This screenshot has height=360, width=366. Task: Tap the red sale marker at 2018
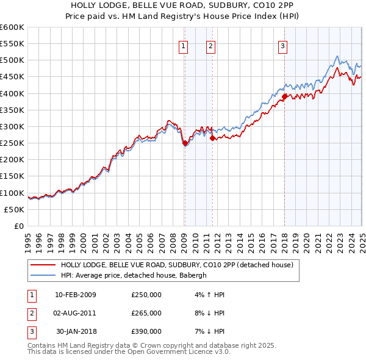pyautogui.click(x=285, y=96)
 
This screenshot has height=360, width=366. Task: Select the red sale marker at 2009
pyautogui.click(x=185, y=143)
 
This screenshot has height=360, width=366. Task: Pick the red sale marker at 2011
pyautogui.click(x=212, y=138)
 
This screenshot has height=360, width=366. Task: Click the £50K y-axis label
pyautogui.click(x=14, y=209)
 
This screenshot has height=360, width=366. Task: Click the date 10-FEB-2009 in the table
pyautogui.click(x=76, y=295)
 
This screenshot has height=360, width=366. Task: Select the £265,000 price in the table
pyautogui.click(x=146, y=313)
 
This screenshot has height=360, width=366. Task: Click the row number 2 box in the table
pyautogui.click(x=30, y=313)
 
